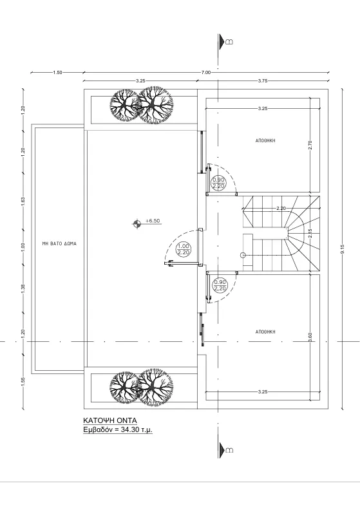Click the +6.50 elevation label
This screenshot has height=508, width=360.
click(x=153, y=221)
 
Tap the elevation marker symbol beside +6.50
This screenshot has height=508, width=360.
click(x=137, y=223)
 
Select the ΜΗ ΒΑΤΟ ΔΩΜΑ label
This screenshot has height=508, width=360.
click(x=59, y=243)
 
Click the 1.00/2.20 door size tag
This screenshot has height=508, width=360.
click(x=184, y=250)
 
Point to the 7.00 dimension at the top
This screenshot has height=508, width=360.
click(x=206, y=72)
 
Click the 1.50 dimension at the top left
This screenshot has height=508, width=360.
click(x=57, y=72)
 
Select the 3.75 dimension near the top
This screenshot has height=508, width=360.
click(x=263, y=80)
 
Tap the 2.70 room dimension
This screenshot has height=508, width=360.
click(x=310, y=145)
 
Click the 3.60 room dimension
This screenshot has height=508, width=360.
click(x=310, y=337)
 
